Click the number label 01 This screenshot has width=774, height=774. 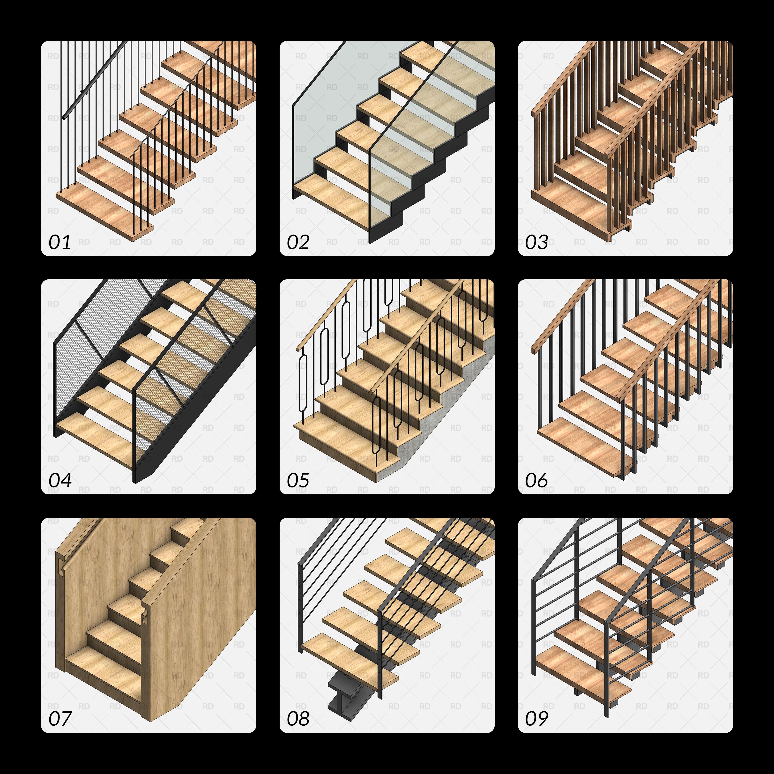pos(60,242)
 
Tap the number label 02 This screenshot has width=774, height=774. pos(298,242)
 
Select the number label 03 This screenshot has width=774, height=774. pos(536,242)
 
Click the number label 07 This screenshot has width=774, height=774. pos(60,719)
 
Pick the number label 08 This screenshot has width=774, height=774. pos(298,719)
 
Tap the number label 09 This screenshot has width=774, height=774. pos(536,719)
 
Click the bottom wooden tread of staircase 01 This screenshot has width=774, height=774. pos(100,212)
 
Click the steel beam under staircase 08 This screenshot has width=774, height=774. pos(341,697)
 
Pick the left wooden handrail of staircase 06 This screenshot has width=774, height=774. pos(561,316)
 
